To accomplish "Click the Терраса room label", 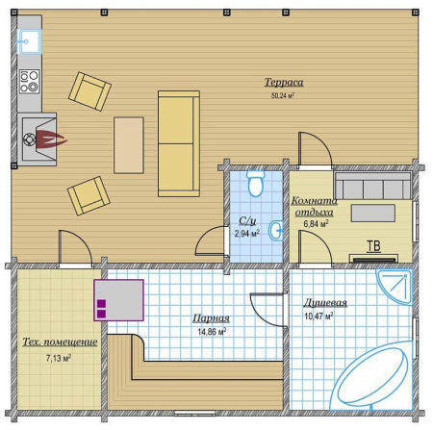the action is tap(284, 83).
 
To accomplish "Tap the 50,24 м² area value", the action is tap(283, 95).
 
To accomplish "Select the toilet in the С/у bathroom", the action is tap(256, 184).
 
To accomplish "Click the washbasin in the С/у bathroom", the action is tap(276, 230).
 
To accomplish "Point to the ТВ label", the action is tap(373, 246).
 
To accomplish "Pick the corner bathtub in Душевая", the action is tap(373, 378).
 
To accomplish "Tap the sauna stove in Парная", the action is tap(118, 300).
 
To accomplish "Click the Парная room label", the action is tap(211, 318).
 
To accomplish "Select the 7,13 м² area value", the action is tap(59, 358).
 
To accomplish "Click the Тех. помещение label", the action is tap(60, 341).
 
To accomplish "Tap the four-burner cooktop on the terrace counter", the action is tap(30, 82).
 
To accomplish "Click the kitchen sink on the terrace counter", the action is tap(29, 41).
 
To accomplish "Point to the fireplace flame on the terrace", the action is tap(51, 139).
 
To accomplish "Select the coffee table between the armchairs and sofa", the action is tap(129, 145).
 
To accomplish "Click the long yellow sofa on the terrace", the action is tap(179, 143).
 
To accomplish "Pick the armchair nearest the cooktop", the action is tap(89, 91).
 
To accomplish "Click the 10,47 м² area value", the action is tap(318, 316).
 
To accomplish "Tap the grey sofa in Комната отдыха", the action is tap(373, 186).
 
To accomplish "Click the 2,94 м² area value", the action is tap(246, 234).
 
